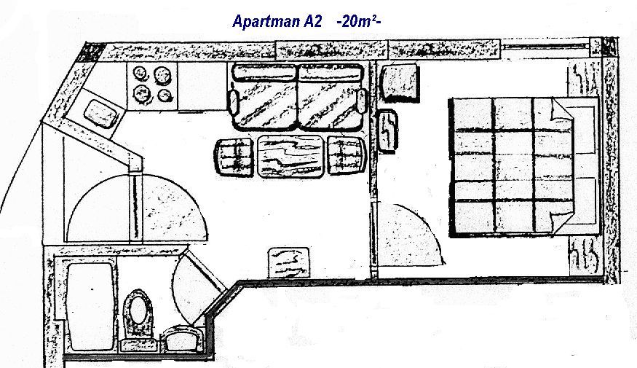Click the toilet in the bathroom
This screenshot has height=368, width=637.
(x=136, y=309)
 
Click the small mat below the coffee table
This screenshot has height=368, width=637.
(x=290, y=261)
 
